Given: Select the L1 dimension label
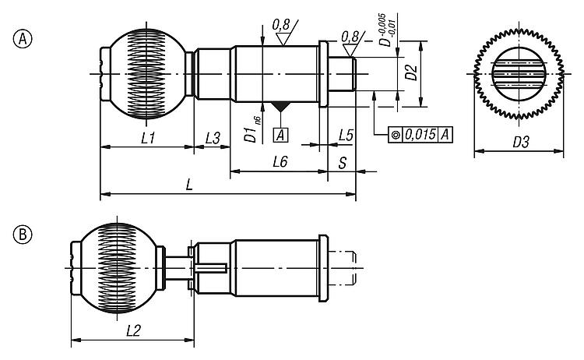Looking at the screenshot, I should click(146, 137).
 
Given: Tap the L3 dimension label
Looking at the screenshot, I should click(212, 137).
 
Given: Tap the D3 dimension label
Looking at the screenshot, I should click(520, 143).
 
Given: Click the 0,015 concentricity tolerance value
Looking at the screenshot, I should click(420, 134).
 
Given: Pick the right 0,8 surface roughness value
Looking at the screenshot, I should click(350, 35).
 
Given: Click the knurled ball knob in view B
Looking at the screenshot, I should click(117, 269).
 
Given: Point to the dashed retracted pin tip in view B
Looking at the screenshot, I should click(346, 268).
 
